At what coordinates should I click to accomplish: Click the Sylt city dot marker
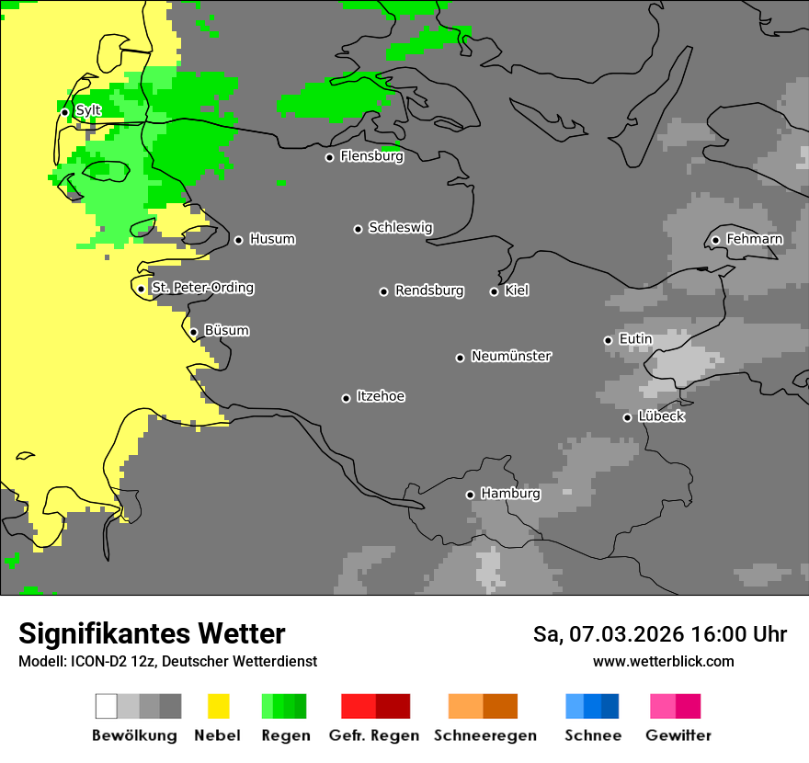coord(64,112)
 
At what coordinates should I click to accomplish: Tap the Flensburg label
coord(371,156)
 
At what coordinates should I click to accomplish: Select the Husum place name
coord(272,239)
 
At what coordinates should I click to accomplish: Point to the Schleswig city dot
coord(358,229)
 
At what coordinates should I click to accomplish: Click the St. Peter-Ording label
coord(202,288)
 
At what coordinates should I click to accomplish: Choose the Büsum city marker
coord(193,332)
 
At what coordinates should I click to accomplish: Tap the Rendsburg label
coord(429,290)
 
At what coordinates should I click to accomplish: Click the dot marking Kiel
coord(494,291)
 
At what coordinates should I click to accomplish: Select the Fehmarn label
coord(754,239)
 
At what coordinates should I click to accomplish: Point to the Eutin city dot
coord(608,340)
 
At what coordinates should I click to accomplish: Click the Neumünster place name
coord(511,356)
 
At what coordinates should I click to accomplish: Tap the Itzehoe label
coord(381,396)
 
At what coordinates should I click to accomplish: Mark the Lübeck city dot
coord(627,417)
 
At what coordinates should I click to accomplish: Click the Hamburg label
coord(510,494)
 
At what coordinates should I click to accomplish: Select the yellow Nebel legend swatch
coord(218,706)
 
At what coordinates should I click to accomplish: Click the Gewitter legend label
coord(678,735)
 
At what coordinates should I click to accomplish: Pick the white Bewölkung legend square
coord(107,706)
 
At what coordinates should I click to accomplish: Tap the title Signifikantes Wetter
coord(152,633)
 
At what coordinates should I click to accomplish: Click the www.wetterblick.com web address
coord(663,661)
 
